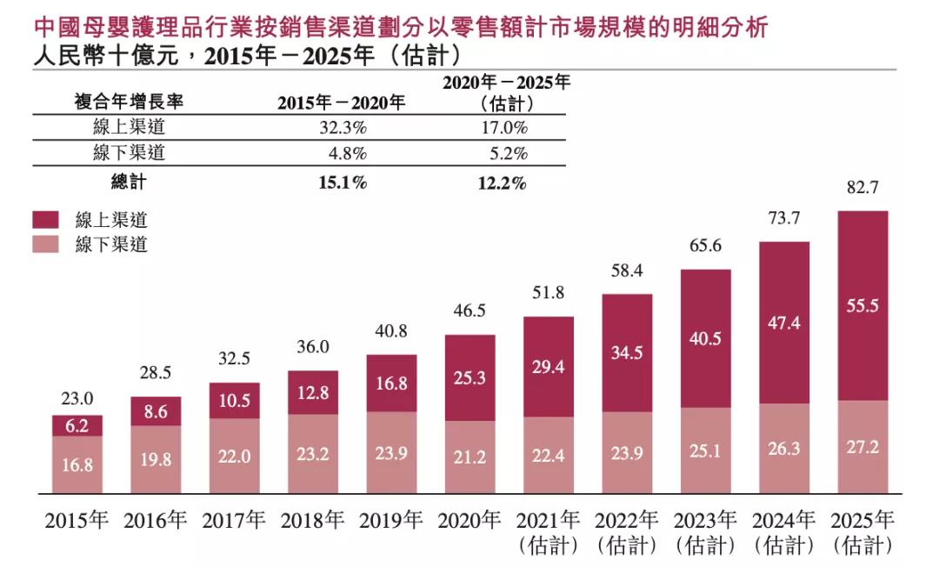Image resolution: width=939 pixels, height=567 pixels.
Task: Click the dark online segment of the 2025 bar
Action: pos(862,305)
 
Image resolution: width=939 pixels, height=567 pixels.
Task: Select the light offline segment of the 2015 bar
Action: pos(77,464)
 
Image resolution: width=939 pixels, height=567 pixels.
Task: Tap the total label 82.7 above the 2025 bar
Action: pos(862,188)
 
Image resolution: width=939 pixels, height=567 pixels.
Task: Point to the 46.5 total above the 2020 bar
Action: pos(469,310)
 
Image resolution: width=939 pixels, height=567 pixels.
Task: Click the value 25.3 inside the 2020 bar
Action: pos(469,378)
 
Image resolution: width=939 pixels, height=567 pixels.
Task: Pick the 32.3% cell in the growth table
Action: pos(341,128)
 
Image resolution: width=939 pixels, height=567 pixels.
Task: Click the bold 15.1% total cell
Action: pos(341,183)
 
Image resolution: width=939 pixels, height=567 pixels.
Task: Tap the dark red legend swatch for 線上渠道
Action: pos(47,220)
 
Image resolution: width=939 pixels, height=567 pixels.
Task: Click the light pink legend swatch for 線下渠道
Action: pos(47,244)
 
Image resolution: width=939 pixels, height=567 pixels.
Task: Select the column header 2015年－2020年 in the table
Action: pos(341,103)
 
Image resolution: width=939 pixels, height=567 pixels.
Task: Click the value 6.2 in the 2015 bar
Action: pos(77,425)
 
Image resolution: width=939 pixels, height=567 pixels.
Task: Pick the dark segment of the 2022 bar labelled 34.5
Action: pos(626,353)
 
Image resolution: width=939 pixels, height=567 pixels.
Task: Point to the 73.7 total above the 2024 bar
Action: pos(783,218)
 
